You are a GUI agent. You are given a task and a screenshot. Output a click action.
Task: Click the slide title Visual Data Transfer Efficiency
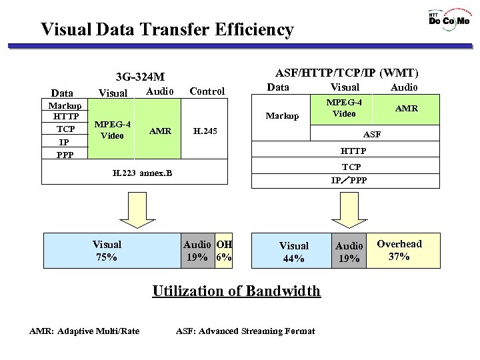click(x=167, y=29)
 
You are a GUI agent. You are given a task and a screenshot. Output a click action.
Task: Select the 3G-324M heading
click(x=140, y=77)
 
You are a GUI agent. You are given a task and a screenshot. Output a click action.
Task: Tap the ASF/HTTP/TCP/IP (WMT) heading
click(x=347, y=73)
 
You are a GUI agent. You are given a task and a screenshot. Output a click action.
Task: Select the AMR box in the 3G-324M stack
click(x=158, y=131)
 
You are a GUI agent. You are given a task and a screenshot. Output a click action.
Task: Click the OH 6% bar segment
click(x=223, y=250)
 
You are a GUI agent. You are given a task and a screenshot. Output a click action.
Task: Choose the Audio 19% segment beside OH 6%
click(x=197, y=250)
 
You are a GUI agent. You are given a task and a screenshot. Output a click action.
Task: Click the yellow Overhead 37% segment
click(x=399, y=250)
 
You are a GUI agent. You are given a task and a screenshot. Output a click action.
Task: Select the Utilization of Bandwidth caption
click(x=237, y=291)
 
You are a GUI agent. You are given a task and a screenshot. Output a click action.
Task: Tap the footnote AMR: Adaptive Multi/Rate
click(x=85, y=331)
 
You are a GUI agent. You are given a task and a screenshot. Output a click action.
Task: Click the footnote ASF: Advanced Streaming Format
click(x=245, y=331)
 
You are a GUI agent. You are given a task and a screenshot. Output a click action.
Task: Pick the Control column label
click(x=207, y=91)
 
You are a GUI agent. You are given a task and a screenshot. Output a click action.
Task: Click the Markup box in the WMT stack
click(x=282, y=116)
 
